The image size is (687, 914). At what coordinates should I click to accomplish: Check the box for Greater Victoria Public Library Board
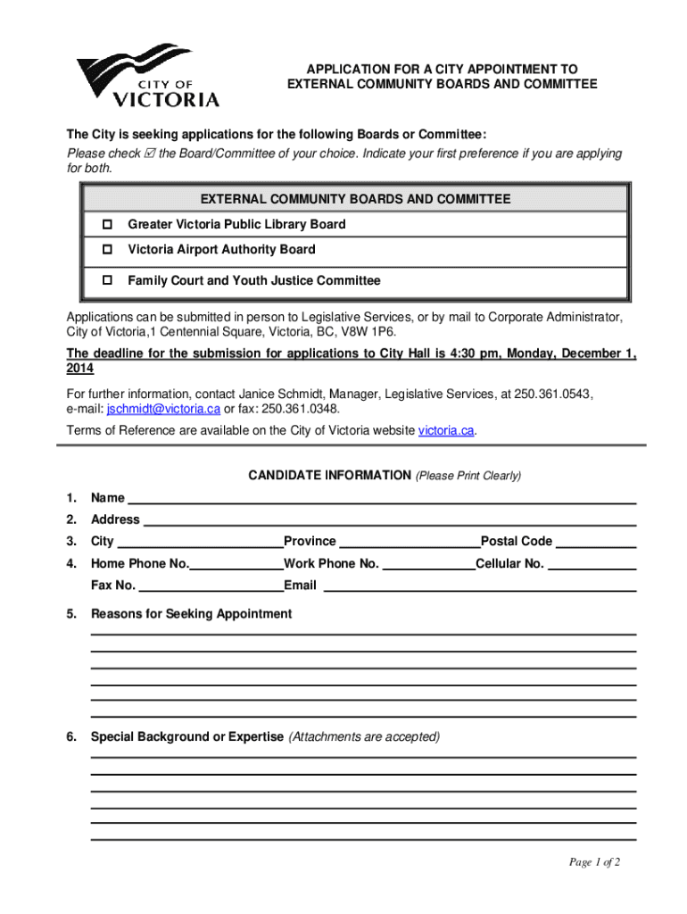[106, 224]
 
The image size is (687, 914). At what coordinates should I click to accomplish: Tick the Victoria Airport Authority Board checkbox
[106, 249]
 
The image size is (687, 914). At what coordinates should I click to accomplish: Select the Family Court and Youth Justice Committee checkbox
[106, 280]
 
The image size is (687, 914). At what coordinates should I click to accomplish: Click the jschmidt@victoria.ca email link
[163, 410]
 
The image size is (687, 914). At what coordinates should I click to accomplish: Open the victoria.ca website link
[446, 431]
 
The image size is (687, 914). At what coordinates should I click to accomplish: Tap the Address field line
[389, 519]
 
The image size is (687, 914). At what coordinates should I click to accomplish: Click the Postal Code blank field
[596, 542]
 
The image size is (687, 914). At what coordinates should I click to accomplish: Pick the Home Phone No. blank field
[236, 564]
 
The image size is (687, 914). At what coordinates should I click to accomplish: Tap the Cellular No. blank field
[592, 564]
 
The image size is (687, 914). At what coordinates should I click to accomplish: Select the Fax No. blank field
[211, 586]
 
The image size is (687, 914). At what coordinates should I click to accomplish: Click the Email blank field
[479, 586]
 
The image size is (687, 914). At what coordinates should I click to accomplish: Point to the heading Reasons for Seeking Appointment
[191, 614]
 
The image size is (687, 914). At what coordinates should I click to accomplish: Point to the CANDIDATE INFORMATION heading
[329, 476]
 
